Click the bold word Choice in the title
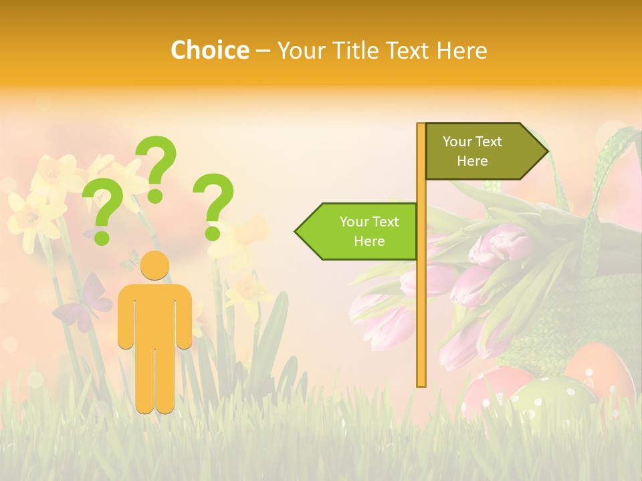pos(209,50)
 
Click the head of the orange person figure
pos(154,265)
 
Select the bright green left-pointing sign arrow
pos(358,231)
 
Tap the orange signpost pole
pos(421,301)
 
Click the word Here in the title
pos(462,50)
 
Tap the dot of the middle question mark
pos(155,196)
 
